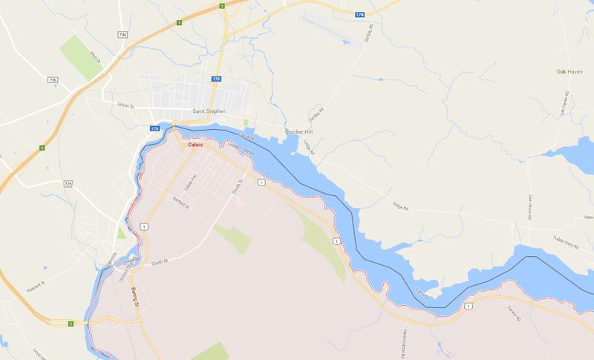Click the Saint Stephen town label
(209, 112)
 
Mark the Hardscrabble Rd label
(404, 338)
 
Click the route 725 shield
(68, 182)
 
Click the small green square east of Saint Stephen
(245, 121)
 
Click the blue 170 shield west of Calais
(155, 128)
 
